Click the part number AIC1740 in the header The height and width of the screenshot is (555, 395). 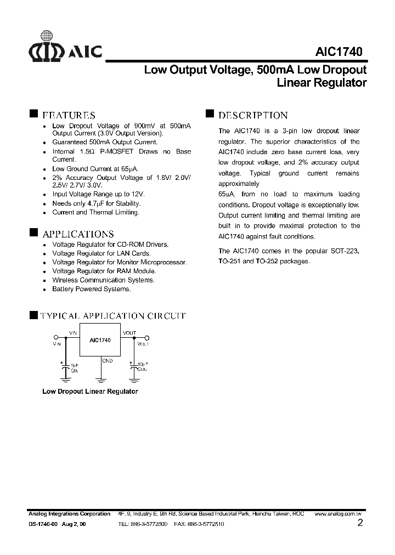[338, 52]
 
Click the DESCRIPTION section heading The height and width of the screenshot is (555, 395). [253, 115]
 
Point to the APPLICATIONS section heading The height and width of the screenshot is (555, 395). [78, 234]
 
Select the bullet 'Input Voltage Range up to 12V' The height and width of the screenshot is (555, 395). [98, 194]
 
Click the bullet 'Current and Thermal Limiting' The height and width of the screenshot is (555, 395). [95, 212]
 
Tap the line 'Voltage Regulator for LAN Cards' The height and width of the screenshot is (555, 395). [101, 253]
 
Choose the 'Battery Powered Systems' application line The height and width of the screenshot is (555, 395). [91, 289]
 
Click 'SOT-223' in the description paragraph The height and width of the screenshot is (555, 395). [346, 251]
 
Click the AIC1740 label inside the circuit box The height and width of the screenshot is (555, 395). [100, 340]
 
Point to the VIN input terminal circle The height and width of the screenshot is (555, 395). [55, 338]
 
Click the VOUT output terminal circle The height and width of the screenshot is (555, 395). [146, 338]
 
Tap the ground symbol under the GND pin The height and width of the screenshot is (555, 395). [100, 378]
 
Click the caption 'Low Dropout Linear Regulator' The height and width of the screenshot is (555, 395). [90, 392]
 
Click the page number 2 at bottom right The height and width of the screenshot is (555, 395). [360, 523]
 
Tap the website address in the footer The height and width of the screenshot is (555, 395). [338, 514]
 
